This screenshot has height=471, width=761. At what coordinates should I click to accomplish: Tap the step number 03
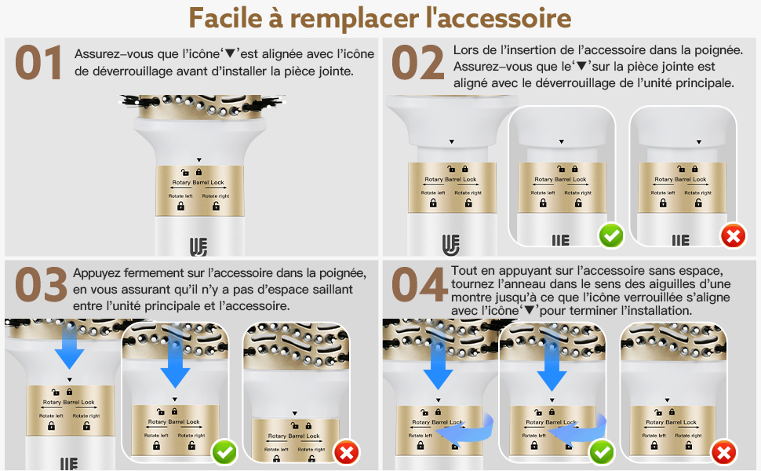(40, 287)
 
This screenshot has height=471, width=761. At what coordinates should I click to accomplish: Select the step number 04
(419, 287)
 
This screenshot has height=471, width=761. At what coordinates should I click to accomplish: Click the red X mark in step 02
(733, 235)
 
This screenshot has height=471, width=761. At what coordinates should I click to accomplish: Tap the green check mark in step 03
(225, 451)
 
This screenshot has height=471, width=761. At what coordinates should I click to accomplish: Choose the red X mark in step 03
(346, 451)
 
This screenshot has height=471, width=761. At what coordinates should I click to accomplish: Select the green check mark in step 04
(602, 451)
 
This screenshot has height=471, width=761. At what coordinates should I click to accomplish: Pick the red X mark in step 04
(723, 451)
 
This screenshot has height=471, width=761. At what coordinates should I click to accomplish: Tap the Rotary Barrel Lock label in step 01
(198, 181)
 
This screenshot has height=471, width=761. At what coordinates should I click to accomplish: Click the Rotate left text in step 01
(180, 195)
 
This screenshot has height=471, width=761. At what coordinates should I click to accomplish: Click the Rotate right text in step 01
(216, 195)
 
